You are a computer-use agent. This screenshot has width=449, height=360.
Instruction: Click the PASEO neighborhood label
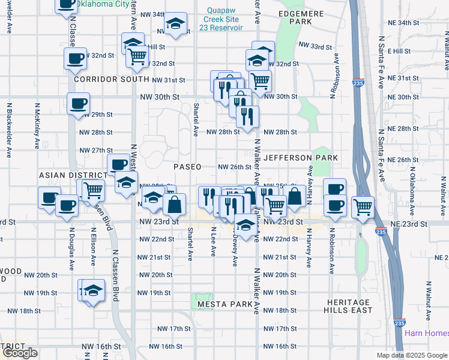click(187, 167)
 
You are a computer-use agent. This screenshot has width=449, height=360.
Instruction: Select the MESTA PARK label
click(224, 304)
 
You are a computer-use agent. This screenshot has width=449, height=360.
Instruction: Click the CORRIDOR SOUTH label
click(111, 79)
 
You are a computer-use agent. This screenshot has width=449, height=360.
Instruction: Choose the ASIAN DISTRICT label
click(64, 175)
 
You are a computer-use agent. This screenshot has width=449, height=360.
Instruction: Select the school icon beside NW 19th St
click(92, 290)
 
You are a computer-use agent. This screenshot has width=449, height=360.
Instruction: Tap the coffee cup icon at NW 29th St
click(79, 104)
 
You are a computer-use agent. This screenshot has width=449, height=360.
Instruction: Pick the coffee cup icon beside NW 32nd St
click(76, 58)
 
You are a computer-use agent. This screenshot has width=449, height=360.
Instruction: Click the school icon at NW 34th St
click(176, 23)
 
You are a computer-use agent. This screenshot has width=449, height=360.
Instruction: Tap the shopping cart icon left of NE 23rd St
click(363, 208)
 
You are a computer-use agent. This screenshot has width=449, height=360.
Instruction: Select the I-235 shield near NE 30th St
click(358, 83)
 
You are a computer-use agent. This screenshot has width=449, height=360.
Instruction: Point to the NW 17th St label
click(173, 329)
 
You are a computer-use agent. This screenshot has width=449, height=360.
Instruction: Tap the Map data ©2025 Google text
click(411, 355)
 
